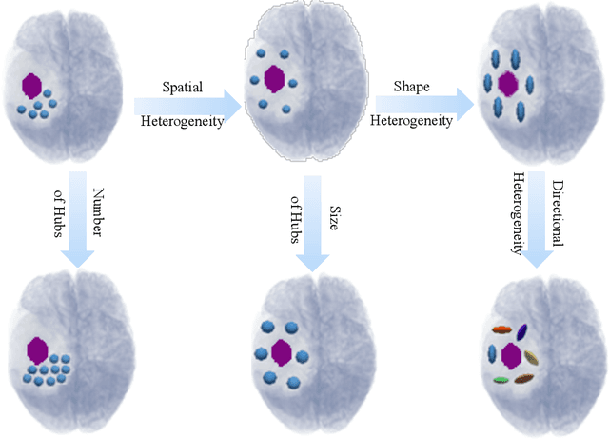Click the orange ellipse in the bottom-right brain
click(501, 330)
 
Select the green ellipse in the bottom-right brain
click(500, 380)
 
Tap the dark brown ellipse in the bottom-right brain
click(523, 379)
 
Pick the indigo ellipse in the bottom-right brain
click(521, 330)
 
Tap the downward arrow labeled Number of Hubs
click(77, 218)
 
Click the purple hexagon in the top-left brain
click(33, 87)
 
